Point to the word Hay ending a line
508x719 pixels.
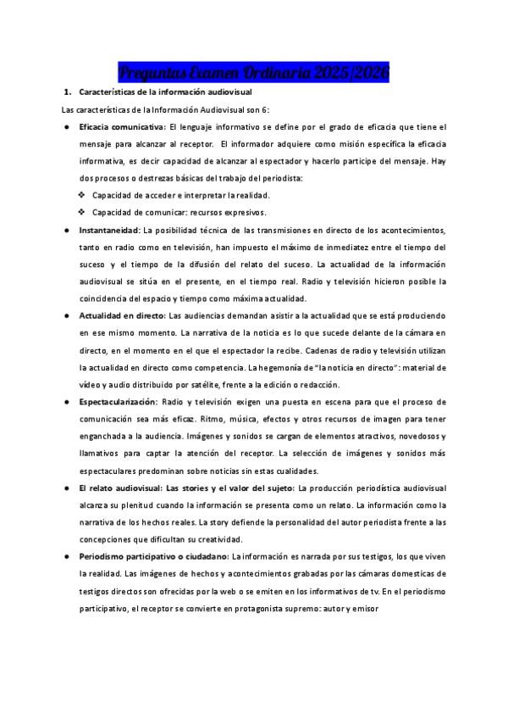coord(438,161)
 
